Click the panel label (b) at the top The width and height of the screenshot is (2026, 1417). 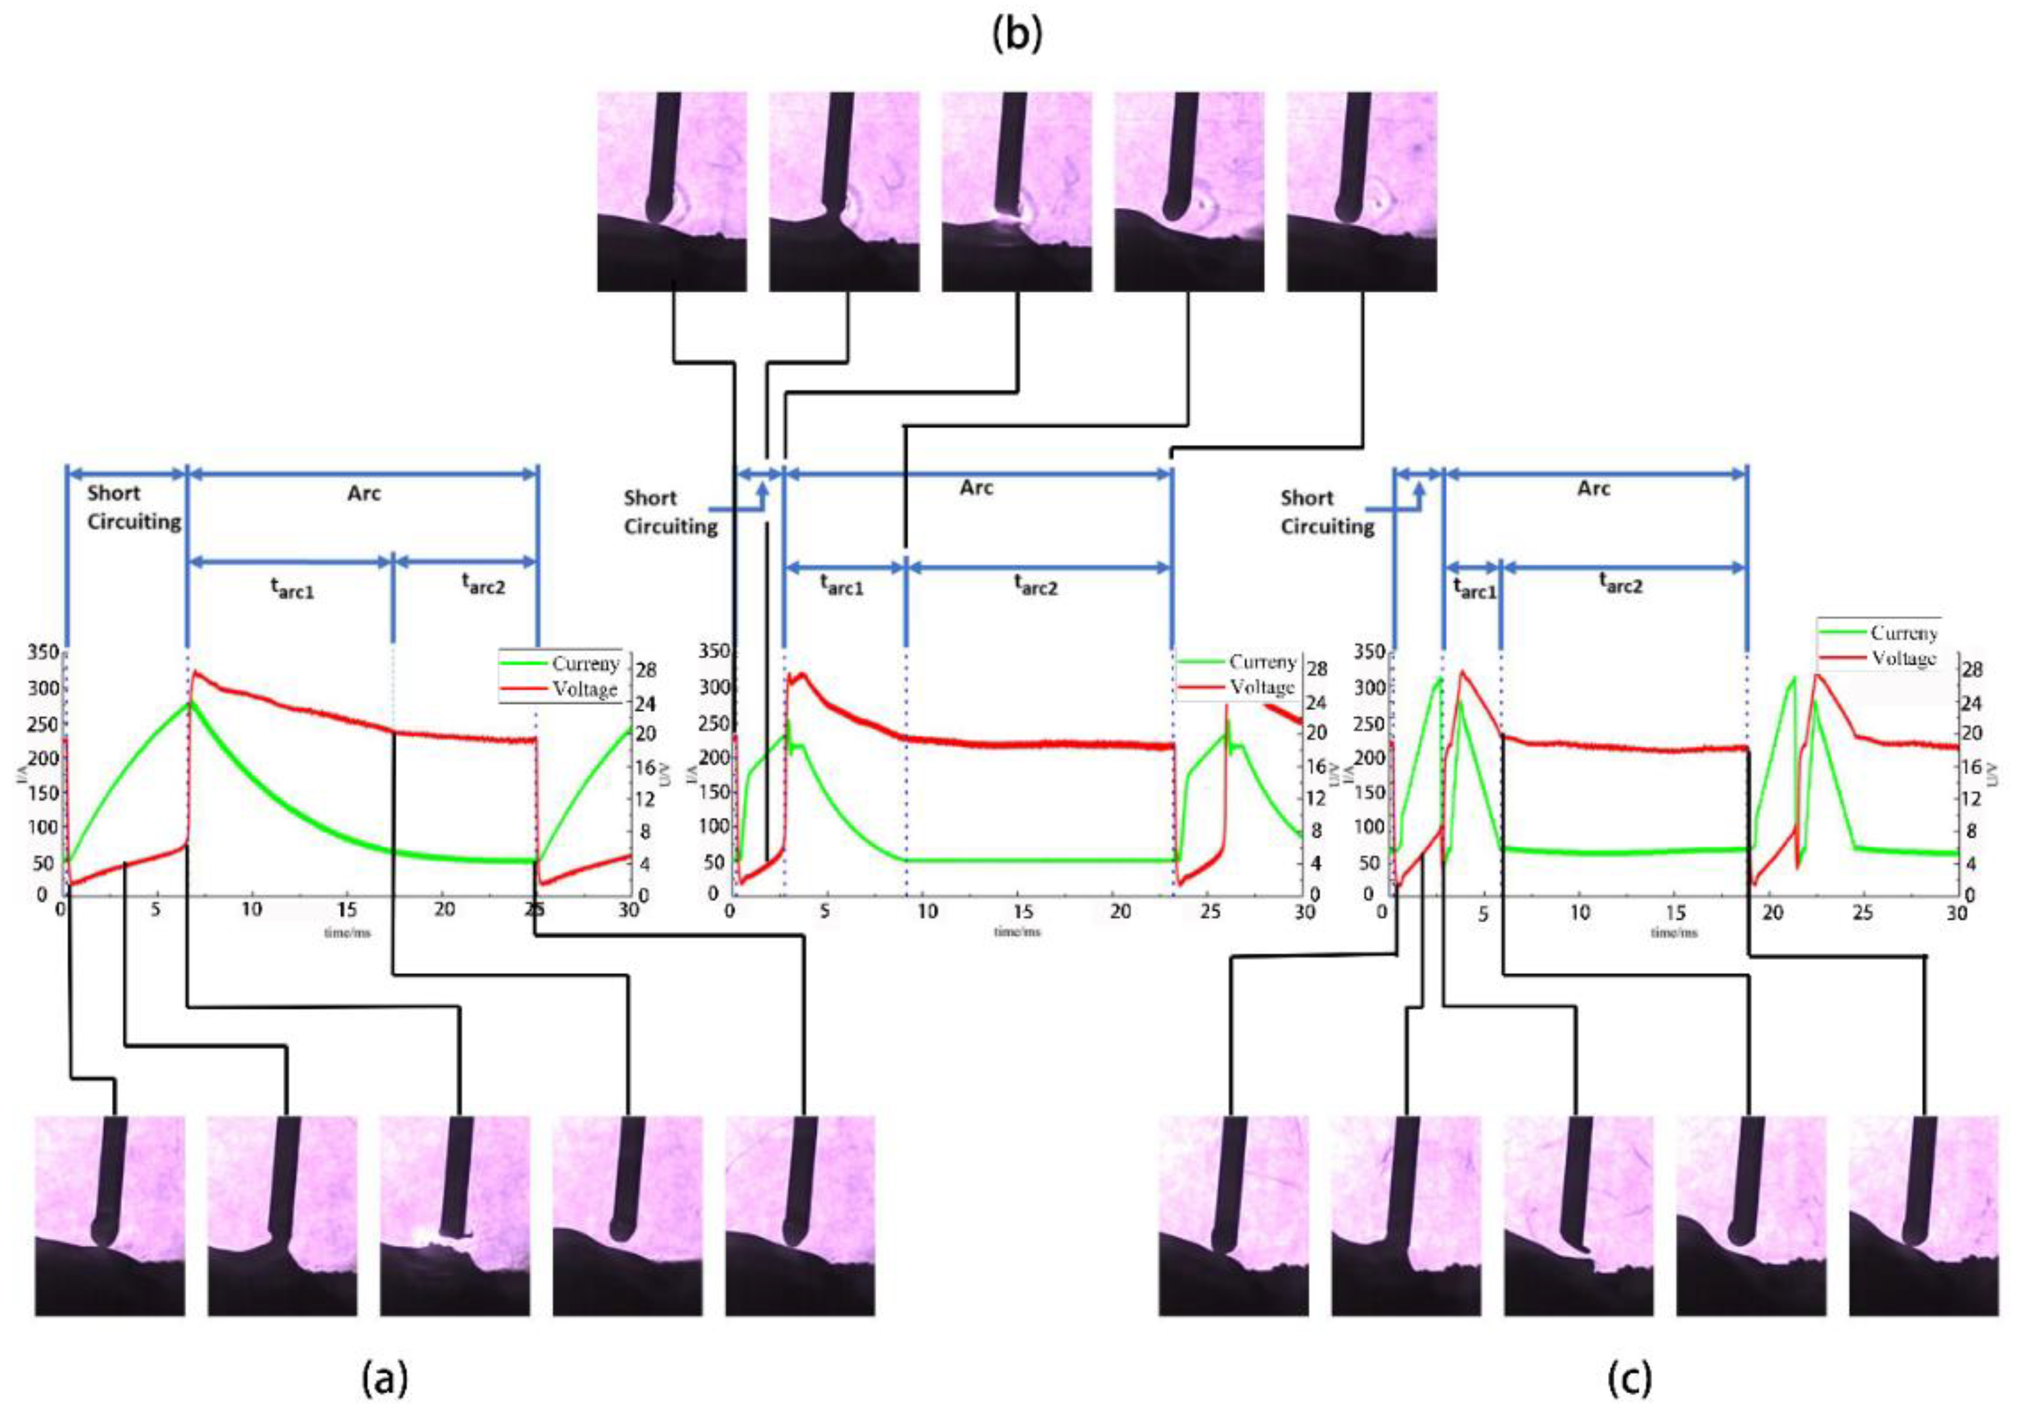coord(1017,35)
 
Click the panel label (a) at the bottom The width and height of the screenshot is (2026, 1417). coord(386,1377)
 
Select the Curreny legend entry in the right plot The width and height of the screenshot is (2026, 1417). coord(1904,633)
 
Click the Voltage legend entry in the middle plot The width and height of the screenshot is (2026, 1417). coord(1262,687)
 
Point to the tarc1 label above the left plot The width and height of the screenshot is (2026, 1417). coord(292,588)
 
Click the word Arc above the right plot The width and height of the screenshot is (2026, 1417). coord(1594,488)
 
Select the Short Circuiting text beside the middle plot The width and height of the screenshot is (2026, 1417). coord(669,512)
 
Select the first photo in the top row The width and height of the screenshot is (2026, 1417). coord(671,191)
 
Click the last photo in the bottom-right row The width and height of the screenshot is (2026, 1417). coord(1924,1216)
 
